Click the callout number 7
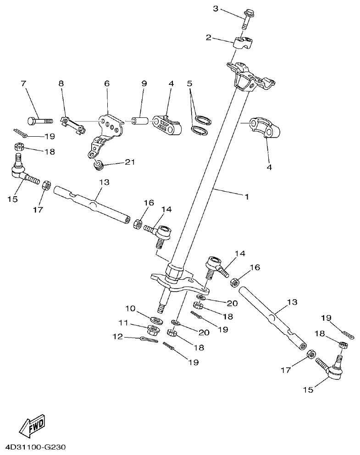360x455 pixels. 23,83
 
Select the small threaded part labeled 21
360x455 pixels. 97,165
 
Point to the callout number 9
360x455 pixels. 144,83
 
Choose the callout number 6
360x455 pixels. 107,83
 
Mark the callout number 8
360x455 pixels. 61,83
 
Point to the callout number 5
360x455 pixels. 189,83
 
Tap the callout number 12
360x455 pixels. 117,337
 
